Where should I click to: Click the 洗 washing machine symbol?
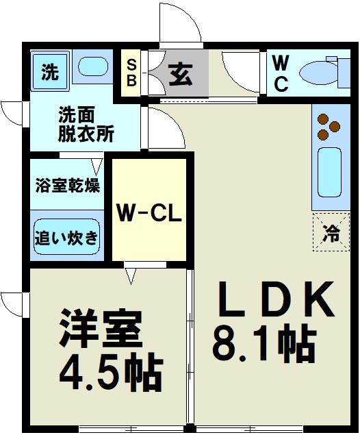[x=49, y=71]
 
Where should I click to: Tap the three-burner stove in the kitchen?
[x=329, y=126]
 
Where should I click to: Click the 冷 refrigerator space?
[x=331, y=232]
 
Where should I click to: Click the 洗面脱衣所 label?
[x=86, y=124]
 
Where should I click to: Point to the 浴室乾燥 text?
[x=67, y=186]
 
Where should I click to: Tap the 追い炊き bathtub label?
[x=66, y=238]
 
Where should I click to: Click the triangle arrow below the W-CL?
[x=131, y=275]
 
